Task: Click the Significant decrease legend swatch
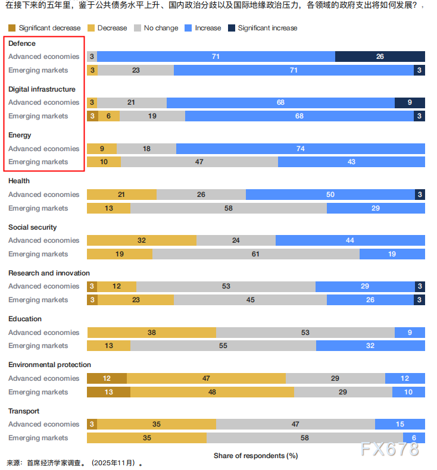point(12,28)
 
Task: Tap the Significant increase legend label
point(267,28)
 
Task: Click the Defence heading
point(22,43)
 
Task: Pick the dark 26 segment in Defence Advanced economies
point(380,57)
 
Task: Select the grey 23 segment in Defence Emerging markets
point(136,70)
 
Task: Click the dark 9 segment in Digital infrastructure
point(410,102)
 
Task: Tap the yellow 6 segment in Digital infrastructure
point(109,116)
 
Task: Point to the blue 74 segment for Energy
point(300,149)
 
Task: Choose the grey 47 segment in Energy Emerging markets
point(199,162)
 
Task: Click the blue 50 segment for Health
point(330,195)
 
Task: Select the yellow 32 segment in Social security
point(142,240)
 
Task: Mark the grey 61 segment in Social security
point(255,254)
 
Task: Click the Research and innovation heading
point(49,273)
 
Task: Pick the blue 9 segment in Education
point(410,333)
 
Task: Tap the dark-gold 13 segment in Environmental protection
point(108,392)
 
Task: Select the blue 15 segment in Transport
point(399,424)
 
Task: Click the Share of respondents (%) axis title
point(255,456)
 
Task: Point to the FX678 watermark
point(389,449)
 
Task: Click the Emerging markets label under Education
point(38,346)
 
